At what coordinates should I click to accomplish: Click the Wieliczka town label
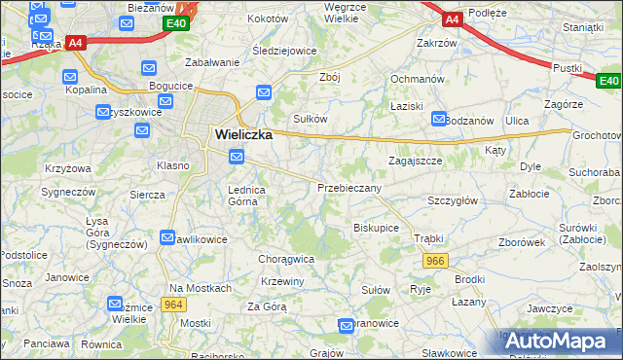pos(239,136)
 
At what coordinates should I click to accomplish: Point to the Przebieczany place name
pos(349,187)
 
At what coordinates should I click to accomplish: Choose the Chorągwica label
pos(286,259)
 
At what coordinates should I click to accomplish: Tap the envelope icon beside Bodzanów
pos(437,119)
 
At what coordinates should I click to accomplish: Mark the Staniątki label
pos(583,28)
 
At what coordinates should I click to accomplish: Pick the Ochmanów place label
pos(418,79)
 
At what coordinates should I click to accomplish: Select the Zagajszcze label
pos(416,160)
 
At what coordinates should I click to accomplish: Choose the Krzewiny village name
pos(283,281)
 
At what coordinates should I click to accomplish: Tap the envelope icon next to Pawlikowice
pos(166,237)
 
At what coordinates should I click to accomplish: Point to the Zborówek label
pos(521,242)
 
